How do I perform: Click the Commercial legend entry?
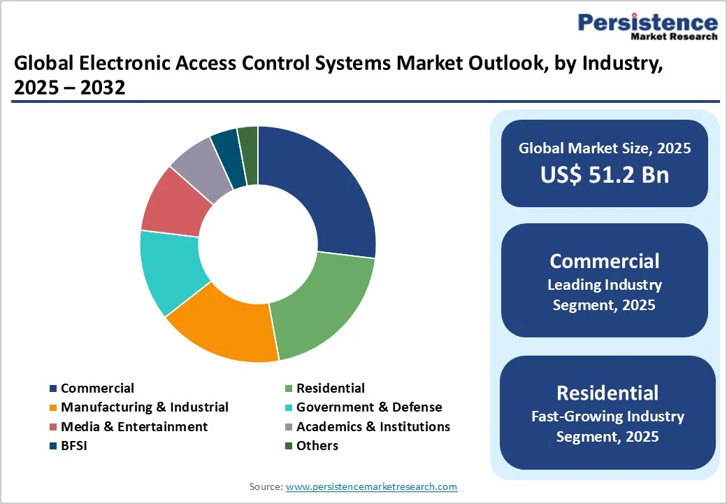(x=96, y=388)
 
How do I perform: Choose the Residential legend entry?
(x=330, y=388)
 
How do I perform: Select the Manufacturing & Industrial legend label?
(x=144, y=407)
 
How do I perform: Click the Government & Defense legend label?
(x=368, y=407)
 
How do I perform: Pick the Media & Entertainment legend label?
(x=134, y=426)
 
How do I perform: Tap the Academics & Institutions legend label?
(x=373, y=426)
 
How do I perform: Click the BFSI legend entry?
(x=75, y=445)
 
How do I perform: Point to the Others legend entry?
(x=317, y=445)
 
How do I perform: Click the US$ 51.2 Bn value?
(x=604, y=175)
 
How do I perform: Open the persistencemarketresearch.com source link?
(x=371, y=486)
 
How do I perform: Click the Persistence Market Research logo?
(x=647, y=27)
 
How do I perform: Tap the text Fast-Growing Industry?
(x=607, y=416)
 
